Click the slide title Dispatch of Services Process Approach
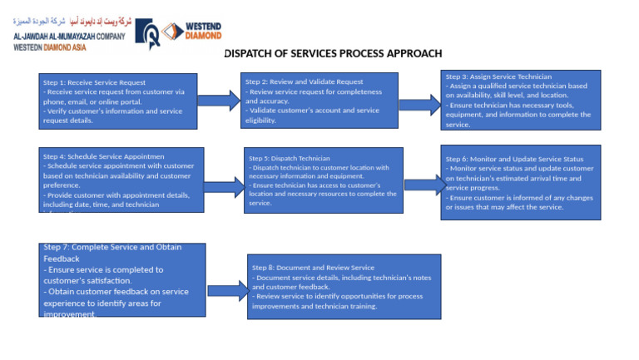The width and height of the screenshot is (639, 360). [333, 54]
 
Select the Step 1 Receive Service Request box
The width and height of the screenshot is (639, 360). [120, 101]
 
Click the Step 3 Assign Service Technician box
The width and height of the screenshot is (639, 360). [521, 100]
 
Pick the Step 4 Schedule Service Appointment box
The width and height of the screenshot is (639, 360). [122, 180]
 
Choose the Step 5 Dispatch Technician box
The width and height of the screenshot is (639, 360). [324, 180]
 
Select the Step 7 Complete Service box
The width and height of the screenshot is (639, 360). [122, 280]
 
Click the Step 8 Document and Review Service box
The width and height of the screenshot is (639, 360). [344, 287]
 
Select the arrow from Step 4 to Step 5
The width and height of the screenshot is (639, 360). [223, 186]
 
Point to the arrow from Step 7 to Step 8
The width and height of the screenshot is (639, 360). [227, 290]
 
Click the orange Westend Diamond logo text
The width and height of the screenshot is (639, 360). [202, 32]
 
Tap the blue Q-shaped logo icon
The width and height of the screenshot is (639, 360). [149, 32]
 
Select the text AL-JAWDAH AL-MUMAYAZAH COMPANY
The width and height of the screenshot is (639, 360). [69, 37]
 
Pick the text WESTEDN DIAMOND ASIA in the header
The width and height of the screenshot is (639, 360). [51, 47]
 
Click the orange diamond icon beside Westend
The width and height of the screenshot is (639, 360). [172, 32]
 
